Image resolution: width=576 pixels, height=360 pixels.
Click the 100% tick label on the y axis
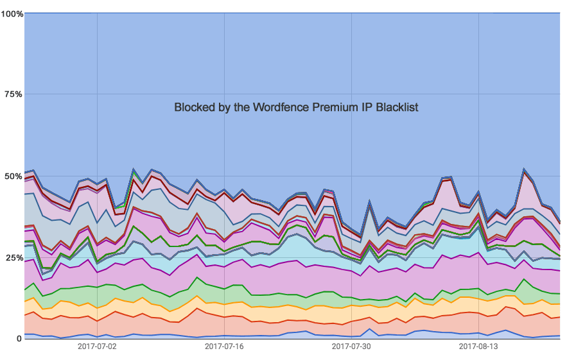(12, 13)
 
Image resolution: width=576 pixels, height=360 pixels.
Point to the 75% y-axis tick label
(13, 94)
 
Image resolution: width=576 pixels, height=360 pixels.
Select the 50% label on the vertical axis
(13, 176)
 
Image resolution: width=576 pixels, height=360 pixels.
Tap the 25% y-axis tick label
(13, 257)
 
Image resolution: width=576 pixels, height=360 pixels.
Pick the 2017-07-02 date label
(97, 347)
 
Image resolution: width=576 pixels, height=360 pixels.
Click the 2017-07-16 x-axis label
(224, 347)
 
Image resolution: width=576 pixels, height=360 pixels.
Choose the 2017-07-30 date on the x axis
(351, 347)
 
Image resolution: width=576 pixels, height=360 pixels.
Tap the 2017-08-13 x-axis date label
(478, 347)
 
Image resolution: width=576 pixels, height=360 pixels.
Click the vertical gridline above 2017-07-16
(224, 64)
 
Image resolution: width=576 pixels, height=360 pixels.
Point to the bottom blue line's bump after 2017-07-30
(370, 329)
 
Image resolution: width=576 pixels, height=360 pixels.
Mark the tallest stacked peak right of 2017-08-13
(525, 170)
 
